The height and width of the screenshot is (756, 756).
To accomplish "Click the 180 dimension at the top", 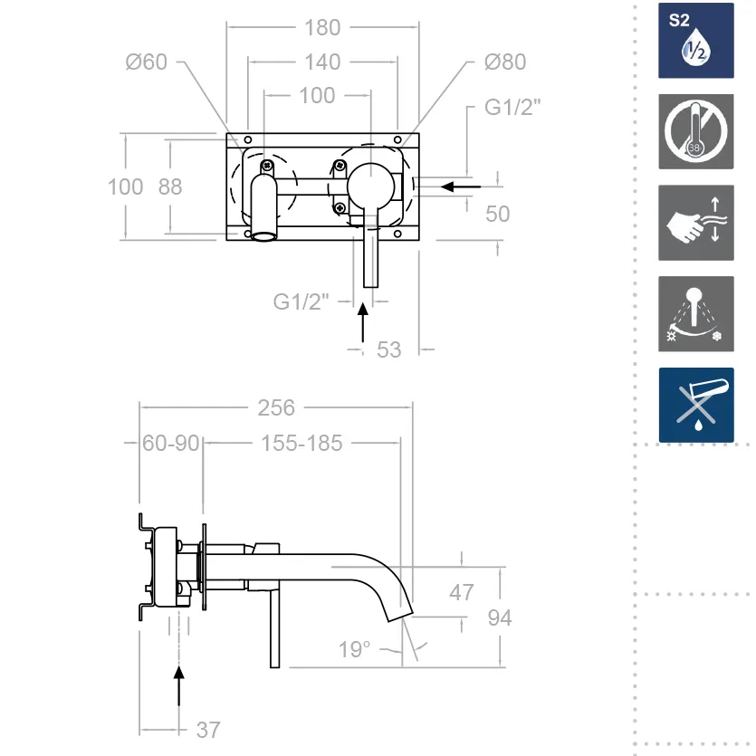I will click(322, 27).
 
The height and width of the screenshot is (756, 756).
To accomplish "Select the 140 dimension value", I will click(322, 62).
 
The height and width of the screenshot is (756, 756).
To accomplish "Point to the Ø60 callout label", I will click(147, 62).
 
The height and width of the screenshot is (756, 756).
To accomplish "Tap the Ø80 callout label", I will click(504, 62).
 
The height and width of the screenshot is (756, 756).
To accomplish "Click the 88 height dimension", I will click(169, 187).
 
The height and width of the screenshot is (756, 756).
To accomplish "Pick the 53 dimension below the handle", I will click(388, 349).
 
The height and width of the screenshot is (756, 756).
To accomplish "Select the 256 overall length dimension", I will click(276, 407).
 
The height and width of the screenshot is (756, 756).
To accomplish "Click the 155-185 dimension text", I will click(301, 443).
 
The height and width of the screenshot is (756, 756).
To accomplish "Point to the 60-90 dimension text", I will click(171, 443).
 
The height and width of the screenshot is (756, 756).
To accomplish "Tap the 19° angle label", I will click(355, 649).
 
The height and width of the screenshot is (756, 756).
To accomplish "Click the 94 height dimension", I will click(499, 617).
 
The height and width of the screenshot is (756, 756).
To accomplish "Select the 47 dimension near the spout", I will click(461, 593).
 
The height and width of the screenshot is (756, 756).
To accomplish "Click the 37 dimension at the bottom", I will click(207, 729).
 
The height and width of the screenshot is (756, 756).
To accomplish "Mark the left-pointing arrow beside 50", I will click(460, 187).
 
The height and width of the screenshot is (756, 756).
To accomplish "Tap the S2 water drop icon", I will click(696, 40).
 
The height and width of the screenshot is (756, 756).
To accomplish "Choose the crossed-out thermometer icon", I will click(696, 131).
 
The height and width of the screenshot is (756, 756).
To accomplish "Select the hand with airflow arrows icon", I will click(696, 223).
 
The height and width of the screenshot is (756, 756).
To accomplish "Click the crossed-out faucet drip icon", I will click(696, 405).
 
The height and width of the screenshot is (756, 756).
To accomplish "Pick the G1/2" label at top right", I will click(512, 107).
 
